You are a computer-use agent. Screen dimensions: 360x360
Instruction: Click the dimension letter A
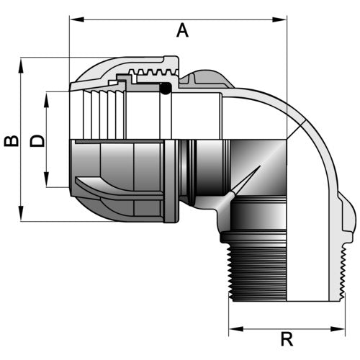[x=182, y=30]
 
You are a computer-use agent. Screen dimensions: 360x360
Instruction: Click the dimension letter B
[x=12, y=141]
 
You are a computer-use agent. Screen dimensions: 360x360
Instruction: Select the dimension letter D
[x=37, y=141]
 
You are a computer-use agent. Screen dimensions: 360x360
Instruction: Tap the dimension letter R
[x=287, y=338]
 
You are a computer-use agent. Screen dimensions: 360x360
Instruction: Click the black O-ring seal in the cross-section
[x=166, y=89]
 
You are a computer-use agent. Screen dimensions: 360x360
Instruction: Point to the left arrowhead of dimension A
[x=76, y=19]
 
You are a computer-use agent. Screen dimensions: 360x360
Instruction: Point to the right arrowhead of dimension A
[x=279, y=19]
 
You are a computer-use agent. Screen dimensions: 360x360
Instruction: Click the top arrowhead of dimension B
[x=21, y=66]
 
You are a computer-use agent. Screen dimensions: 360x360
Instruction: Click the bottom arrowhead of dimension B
[x=21, y=213]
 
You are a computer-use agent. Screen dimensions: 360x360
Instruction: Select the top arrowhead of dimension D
[x=47, y=99]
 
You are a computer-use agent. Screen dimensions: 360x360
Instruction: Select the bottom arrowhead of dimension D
[x=47, y=179]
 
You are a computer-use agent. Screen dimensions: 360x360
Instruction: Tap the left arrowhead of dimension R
[x=236, y=329]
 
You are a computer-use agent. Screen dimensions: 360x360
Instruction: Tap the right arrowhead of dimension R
[x=338, y=329]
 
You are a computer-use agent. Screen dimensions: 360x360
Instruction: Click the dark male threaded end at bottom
[x=258, y=274]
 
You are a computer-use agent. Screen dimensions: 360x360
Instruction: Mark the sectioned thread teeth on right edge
[x=343, y=274]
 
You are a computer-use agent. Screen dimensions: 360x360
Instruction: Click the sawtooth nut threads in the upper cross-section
[x=153, y=72]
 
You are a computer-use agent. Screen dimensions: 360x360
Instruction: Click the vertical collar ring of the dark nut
[x=171, y=181]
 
